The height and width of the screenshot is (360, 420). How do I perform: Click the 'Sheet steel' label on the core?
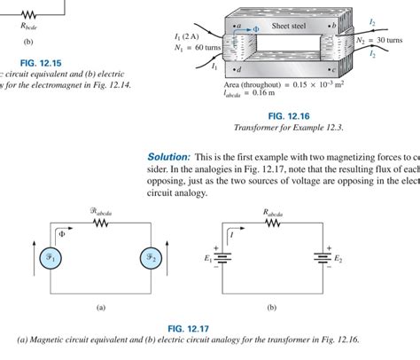pyautogui.click(x=285, y=27)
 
